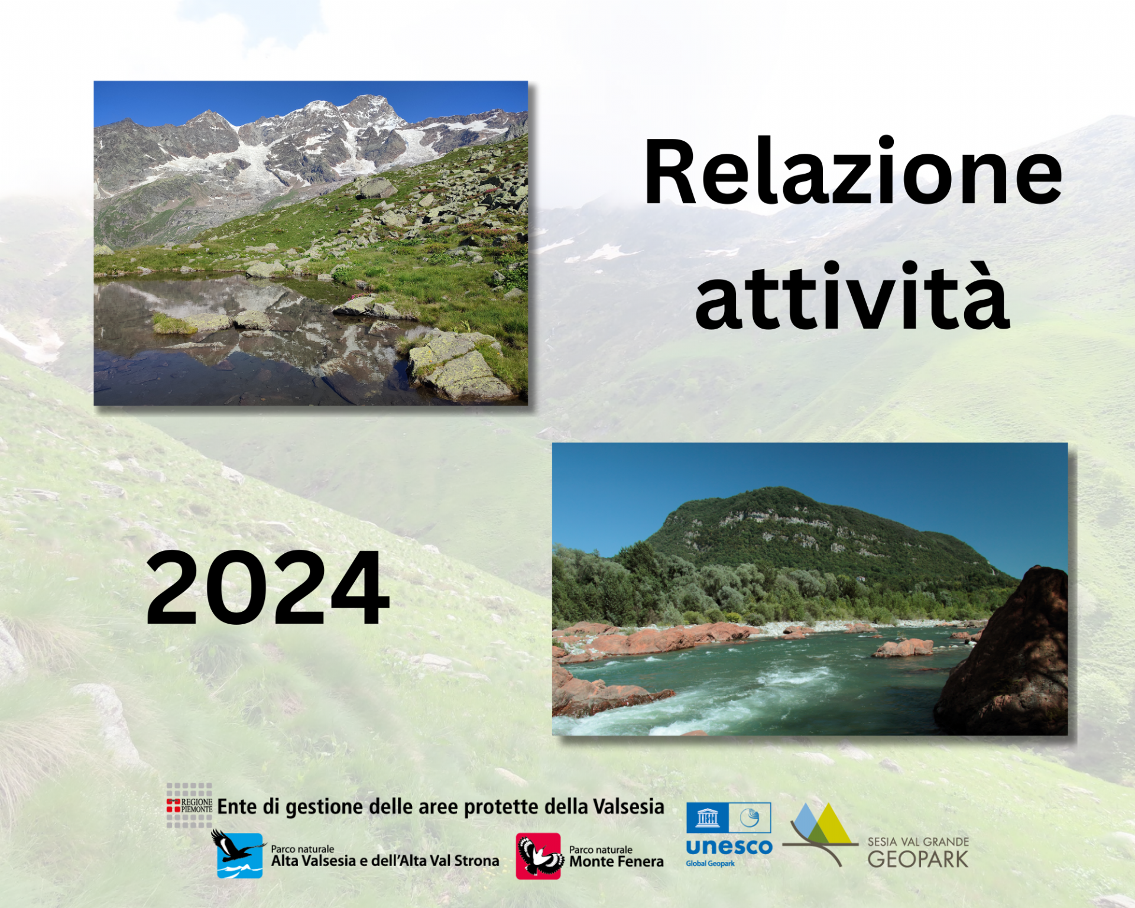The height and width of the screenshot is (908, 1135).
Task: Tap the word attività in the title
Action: coord(852,294)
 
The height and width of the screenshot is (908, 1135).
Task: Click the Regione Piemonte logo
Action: coord(189,805)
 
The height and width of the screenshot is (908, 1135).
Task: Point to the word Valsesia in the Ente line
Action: coord(628,807)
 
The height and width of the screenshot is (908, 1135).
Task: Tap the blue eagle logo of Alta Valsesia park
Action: coord(239,854)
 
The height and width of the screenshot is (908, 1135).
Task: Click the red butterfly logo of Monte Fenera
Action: coord(539,856)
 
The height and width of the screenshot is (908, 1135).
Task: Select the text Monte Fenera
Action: coord(616,862)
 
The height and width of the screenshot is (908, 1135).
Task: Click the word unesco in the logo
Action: coord(729,847)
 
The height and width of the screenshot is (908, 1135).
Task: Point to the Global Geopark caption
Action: coord(710,864)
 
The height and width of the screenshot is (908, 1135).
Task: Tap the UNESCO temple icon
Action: coord(707,818)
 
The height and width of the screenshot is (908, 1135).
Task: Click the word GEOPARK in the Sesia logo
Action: coord(918,860)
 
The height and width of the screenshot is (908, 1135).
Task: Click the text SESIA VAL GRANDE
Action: coord(918,842)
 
